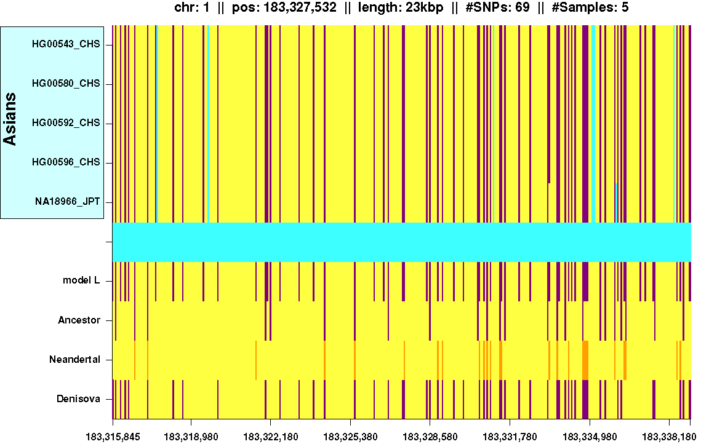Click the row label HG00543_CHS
pos(66,45)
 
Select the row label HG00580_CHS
pos(66,84)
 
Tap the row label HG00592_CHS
pos(66,124)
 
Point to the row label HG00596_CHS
pos(66,163)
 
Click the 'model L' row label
pos(81,281)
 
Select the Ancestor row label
pos(79,320)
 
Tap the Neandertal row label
pos(74,360)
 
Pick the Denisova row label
pos(78,399)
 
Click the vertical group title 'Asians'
pos(10,119)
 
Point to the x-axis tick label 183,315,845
pos(113,436)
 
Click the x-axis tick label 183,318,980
pos(191,436)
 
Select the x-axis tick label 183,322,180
pos(271,436)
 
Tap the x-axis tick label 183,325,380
pos(351,436)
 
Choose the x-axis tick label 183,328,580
pos(430,436)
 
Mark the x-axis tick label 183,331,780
pos(510,436)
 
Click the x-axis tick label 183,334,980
pos(590,436)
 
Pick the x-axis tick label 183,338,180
pos(669,436)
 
